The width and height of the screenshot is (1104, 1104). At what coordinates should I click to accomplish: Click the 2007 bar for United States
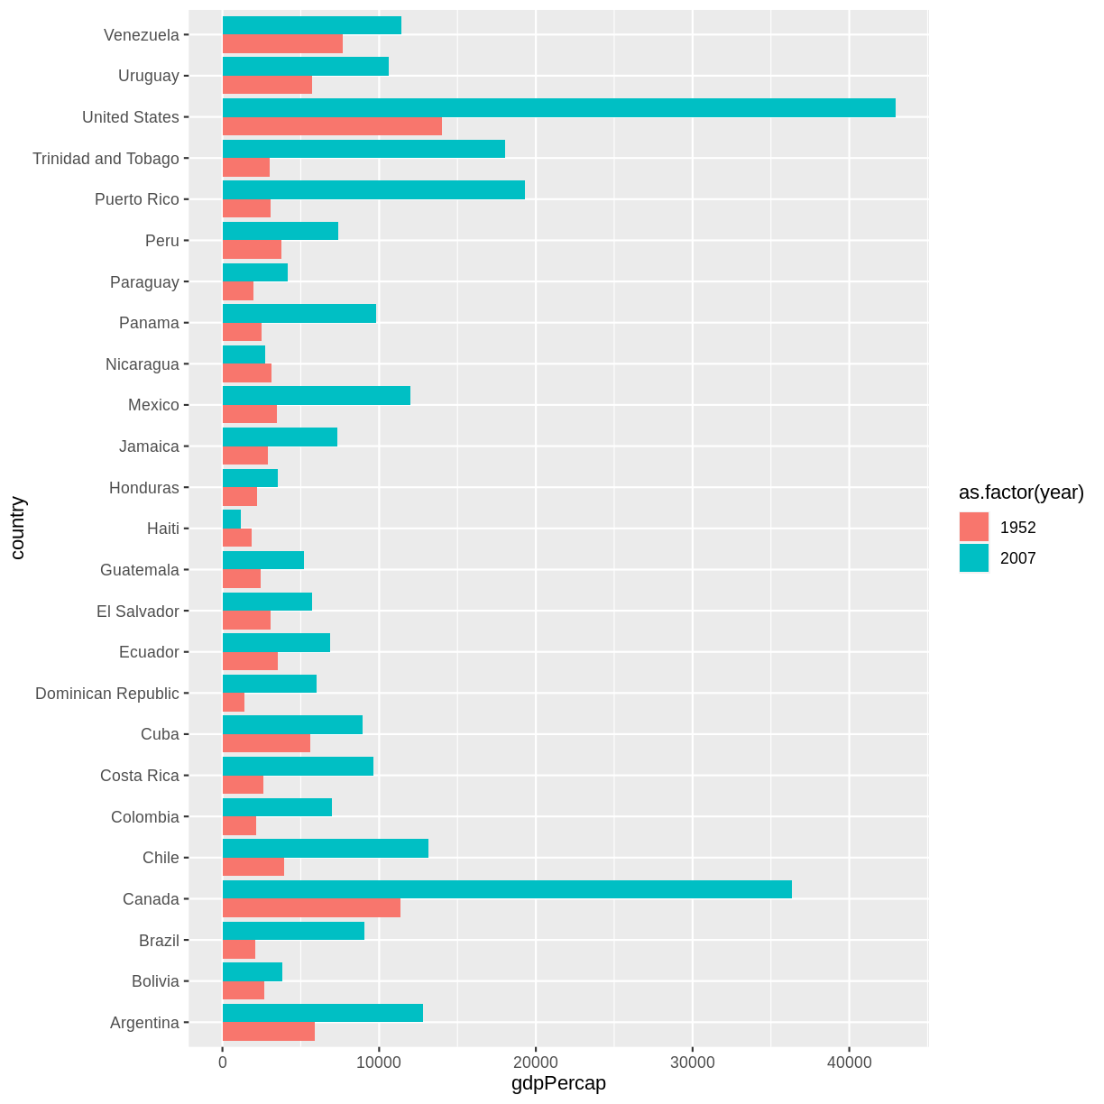click(x=558, y=107)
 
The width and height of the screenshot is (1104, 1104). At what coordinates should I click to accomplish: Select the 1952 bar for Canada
click(x=311, y=908)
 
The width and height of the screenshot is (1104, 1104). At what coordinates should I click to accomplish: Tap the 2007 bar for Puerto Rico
click(x=373, y=189)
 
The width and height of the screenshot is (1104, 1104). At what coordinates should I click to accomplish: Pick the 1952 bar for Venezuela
click(x=282, y=44)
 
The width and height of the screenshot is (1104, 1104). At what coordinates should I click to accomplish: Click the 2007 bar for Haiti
click(x=232, y=519)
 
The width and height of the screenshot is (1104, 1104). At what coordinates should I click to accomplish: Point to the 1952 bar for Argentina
click(x=269, y=1032)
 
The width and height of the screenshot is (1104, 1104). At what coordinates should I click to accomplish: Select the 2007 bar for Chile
click(x=326, y=848)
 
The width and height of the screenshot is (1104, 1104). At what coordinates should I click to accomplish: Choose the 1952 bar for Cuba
click(x=266, y=743)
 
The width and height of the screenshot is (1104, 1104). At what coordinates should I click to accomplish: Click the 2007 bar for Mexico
click(x=317, y=395)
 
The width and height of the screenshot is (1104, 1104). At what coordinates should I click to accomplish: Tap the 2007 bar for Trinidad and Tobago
click(x=363, y=149)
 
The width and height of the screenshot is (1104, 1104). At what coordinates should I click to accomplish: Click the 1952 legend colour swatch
click(x=974, y=528)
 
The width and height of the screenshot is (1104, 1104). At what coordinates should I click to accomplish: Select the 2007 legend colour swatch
click(x=974, y=558)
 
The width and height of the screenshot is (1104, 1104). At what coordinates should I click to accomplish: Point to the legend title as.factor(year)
click(x=1021, y=492)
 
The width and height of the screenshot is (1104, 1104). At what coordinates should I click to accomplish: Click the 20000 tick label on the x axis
click(x=536, y=1063)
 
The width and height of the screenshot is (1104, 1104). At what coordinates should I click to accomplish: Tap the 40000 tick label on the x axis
click(x=849, y=1063)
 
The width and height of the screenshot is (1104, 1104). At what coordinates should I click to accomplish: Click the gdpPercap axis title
click(x=558, y=1084)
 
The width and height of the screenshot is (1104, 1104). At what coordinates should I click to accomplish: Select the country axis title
click(x=18, y=529)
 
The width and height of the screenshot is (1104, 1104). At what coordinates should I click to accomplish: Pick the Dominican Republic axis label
click(x=107, y=694)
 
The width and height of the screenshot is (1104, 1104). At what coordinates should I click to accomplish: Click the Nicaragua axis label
click(x=143, y=364)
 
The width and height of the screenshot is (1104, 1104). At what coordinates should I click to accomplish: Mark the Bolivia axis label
click(x=155, y=981)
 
